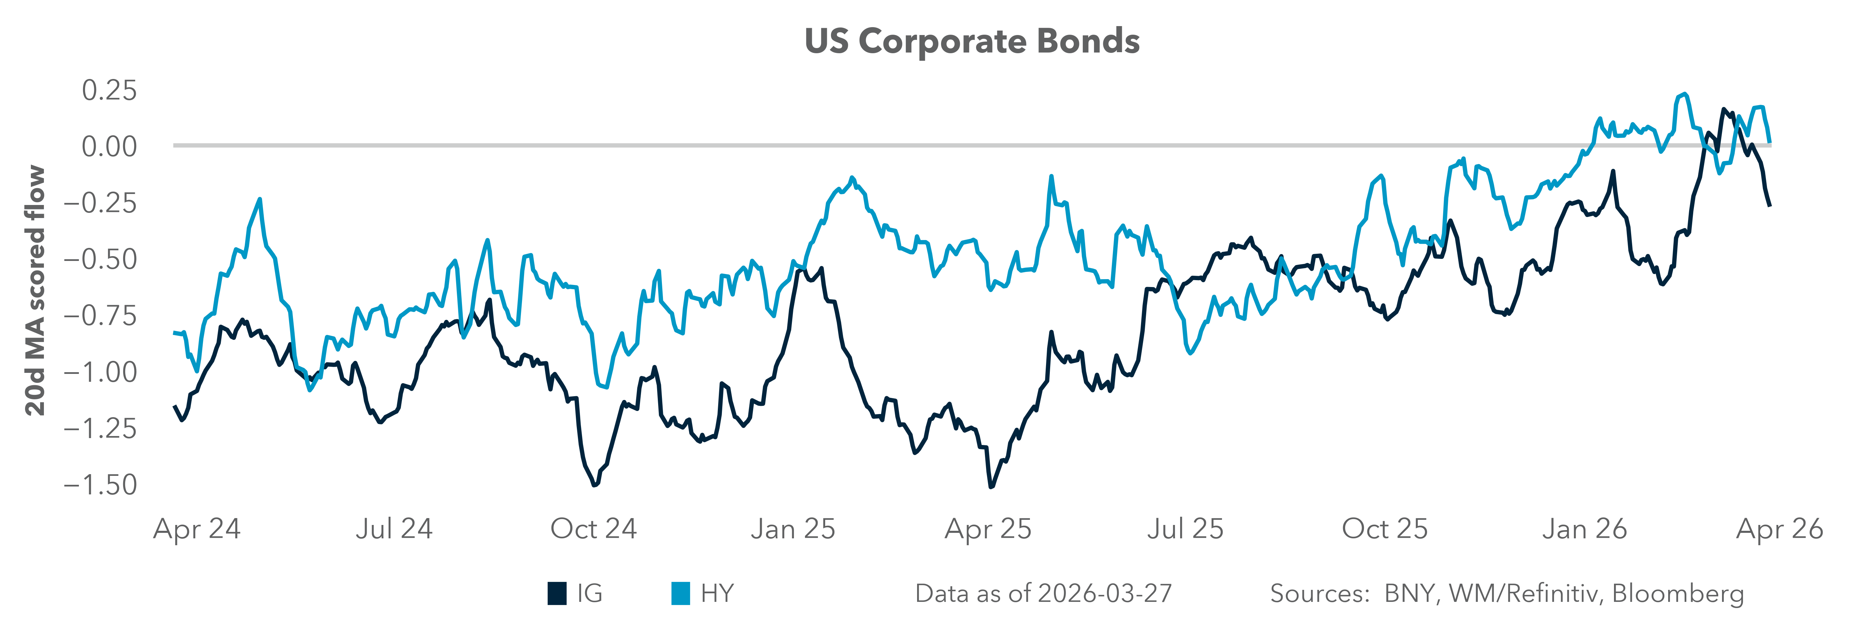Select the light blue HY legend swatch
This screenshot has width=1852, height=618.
click(680, 594)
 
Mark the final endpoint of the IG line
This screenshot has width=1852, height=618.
click(1769, 206)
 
